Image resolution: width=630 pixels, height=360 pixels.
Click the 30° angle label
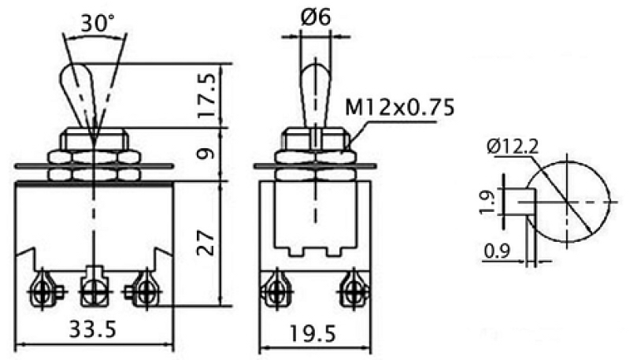point(98,24)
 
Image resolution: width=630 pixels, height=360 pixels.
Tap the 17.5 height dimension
point(208,95)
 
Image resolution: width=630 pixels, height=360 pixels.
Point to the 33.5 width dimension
point(93,329)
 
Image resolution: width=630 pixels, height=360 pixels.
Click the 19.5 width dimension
point(312,333)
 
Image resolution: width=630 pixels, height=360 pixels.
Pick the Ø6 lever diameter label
point(315,17)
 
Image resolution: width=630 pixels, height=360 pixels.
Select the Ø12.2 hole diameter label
point(513,147)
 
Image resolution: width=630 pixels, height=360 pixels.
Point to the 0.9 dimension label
point(497,251)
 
